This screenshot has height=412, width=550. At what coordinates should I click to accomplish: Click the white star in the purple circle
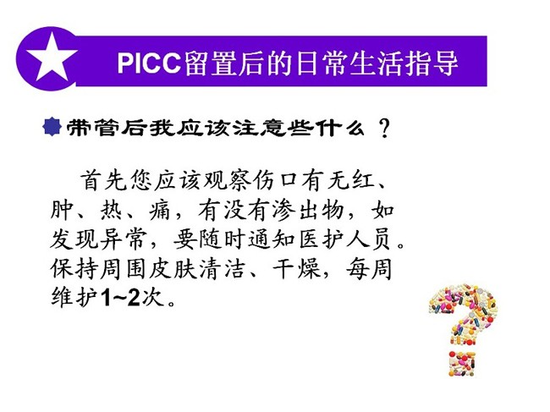click(52, 58)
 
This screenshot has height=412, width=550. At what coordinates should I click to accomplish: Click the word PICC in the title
click(149, 63)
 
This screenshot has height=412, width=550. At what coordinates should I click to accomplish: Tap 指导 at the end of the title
click(432, 63)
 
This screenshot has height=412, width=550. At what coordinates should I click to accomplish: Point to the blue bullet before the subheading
click(52, 126)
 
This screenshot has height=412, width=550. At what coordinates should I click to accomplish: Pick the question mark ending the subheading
click(385, 128)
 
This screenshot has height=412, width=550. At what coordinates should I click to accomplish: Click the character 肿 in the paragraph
click(62, 211)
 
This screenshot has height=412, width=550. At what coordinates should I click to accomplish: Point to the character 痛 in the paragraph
click(160, 211)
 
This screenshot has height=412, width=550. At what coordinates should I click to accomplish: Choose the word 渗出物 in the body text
click(309, 211)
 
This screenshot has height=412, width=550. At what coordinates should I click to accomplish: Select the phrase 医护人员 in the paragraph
click(344, 239)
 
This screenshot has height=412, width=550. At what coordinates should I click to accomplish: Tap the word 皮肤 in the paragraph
click(173, 269)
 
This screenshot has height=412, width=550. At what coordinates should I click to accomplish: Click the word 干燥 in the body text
click(297, 269)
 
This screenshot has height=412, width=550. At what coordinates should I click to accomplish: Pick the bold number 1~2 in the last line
click(120, 298)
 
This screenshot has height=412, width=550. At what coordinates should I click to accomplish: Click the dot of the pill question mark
click(462, 363)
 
